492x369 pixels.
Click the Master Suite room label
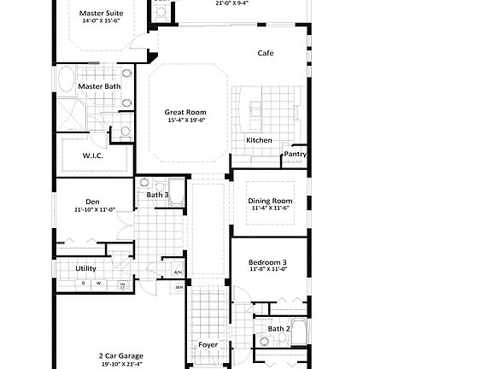tap(101, 13)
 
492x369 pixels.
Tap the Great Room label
tap(185, 112)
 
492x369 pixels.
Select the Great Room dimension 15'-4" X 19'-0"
tap(185, 120)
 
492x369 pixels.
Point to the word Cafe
tap(266, 53)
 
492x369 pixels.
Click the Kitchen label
tap(259, 140)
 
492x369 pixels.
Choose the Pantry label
tap(296, 155)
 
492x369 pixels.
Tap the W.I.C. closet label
tap(94, 155)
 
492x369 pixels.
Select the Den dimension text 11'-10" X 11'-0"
tap(94, 209)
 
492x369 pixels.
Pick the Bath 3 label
tap(157, 196)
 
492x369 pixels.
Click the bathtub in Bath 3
tap(177, 189)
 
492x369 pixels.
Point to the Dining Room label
tap(270, 201)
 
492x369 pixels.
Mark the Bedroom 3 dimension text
tap(267, 269)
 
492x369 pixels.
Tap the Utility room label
tap(85, 268)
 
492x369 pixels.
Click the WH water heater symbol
tap(179, 288)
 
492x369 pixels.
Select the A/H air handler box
tap(179, 272)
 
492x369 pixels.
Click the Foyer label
tap(208, 346)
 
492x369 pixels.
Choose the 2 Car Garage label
tap(120, 355)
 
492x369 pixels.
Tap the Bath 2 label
tap(279, 329)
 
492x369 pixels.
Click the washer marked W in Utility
tap(98, 284)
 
